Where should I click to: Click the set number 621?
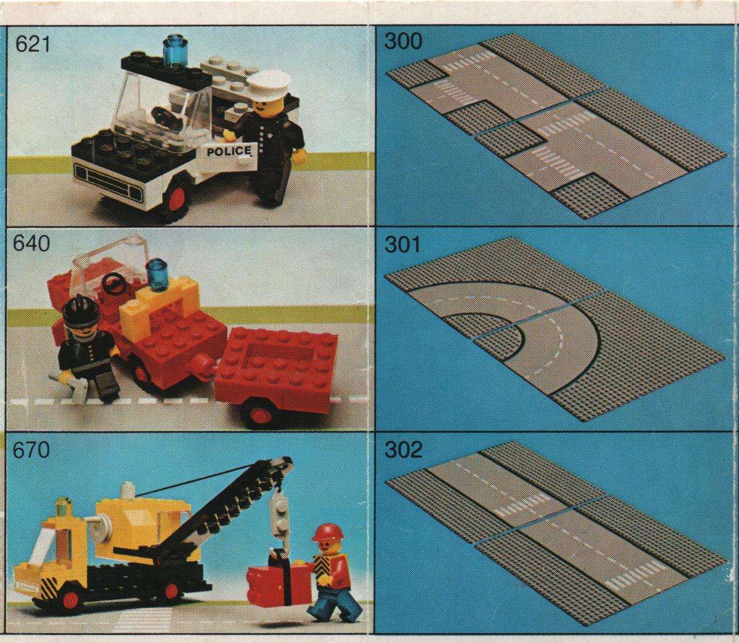click(x=32, y=45)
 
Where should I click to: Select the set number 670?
click(x=31, y=450)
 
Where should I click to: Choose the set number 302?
click(x=403, y=450)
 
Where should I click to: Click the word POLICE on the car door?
click(x=229, y=151)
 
